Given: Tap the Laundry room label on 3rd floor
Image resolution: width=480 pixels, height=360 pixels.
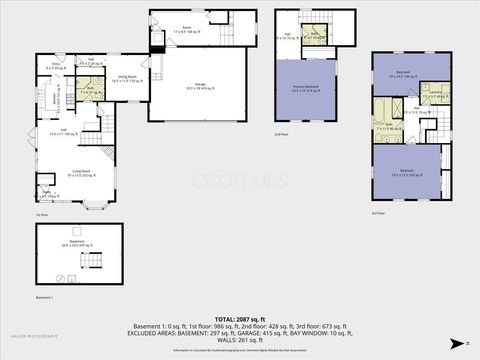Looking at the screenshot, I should (432, 95).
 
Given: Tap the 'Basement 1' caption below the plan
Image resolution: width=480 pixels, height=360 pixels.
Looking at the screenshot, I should (45, 297).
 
